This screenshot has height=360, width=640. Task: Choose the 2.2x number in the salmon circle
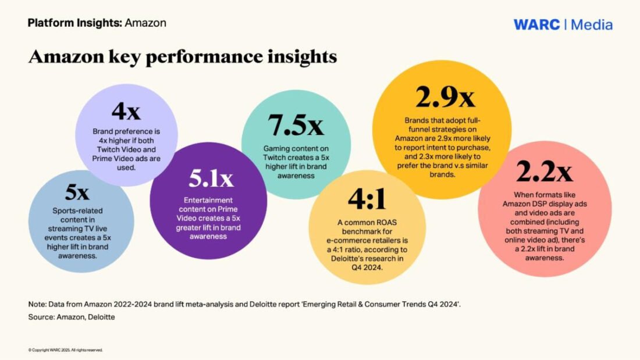click(544, 171)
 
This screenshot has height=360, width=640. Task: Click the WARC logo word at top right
click(536, 24)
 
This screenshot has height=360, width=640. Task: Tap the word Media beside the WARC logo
click(591, 24)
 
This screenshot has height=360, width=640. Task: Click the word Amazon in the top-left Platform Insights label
click(145, 23)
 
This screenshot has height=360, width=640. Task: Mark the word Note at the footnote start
click(37, 305)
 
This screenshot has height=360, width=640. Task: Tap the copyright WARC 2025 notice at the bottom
click(65, 350)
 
